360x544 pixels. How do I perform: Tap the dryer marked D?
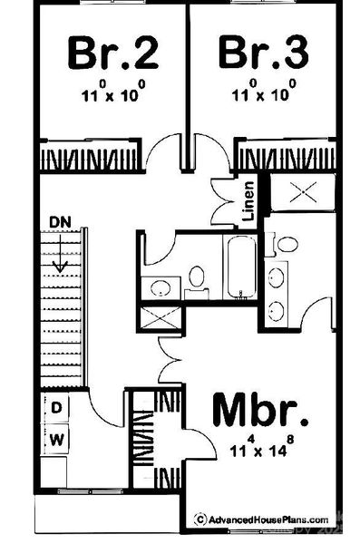(x=56, y=409)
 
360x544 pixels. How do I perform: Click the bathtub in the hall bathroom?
(x=240, y=267)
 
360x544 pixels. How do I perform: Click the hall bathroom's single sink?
(x=160, y=287)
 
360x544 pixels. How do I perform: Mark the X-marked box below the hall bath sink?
(x=161, y=319)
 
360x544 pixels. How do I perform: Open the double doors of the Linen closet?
(x=223, y=203)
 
